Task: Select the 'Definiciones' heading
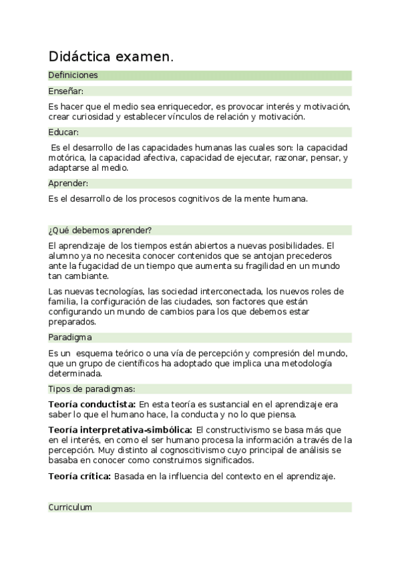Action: (x=73, y=75)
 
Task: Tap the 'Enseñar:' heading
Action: (x=65, y=91)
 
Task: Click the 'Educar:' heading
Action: (x=63, y=132)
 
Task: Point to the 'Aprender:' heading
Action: (x=68, y=183)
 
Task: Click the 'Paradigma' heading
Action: (x=70, y=337)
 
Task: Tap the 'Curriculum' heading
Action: (x=70, y=507)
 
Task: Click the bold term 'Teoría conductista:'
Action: (x=91, y=404)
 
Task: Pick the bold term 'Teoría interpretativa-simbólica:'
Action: (x=121, y=429)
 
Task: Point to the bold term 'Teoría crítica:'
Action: (x=79, y=476)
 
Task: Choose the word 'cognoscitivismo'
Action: (x=160, y=450)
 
